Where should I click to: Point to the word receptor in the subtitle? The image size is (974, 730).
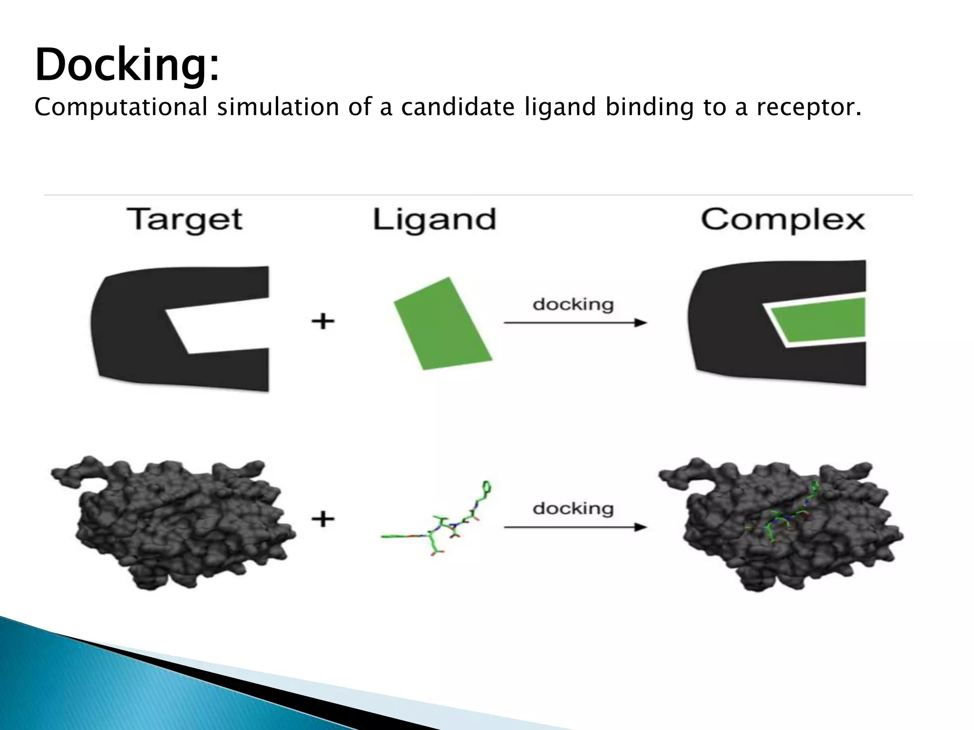point(808,107)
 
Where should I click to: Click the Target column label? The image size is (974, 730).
point(185,220)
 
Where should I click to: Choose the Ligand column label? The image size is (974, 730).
point(434,220)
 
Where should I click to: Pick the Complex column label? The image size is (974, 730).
point(783,220)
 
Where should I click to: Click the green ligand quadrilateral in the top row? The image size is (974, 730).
point(442,323)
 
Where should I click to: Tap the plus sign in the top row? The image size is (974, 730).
point(323,322)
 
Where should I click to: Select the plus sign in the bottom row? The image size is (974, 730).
point(323,518)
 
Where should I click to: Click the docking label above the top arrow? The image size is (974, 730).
point(573,304)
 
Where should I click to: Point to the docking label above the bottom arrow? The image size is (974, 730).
point(573,509)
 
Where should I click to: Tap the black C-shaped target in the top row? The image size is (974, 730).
point(128,328)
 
